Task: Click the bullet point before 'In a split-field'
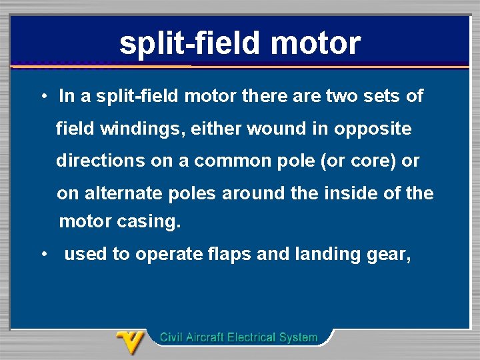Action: point(42,97)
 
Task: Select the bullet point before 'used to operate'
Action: point(42,254)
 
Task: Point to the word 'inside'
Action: point(353,193)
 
